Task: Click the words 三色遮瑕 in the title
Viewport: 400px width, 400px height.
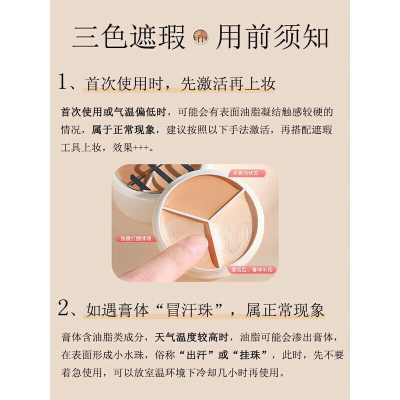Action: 129,37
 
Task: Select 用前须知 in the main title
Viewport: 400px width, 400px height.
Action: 272,37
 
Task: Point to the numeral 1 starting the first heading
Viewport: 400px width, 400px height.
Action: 64,83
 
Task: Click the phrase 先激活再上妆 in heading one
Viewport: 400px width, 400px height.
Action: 228,83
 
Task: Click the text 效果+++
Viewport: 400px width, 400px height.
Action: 137,148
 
